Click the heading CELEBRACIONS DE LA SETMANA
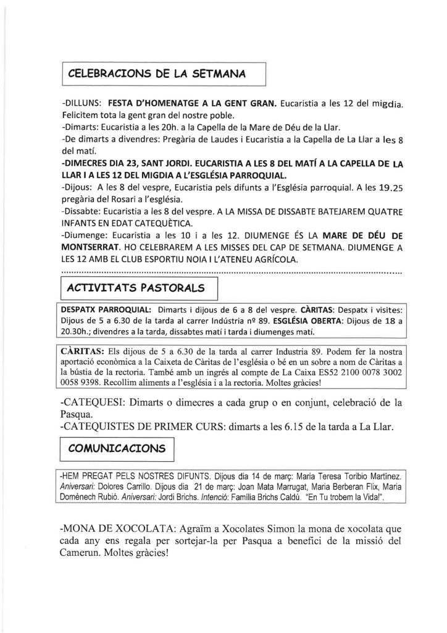[157, 74]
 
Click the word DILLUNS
[83, 101]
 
